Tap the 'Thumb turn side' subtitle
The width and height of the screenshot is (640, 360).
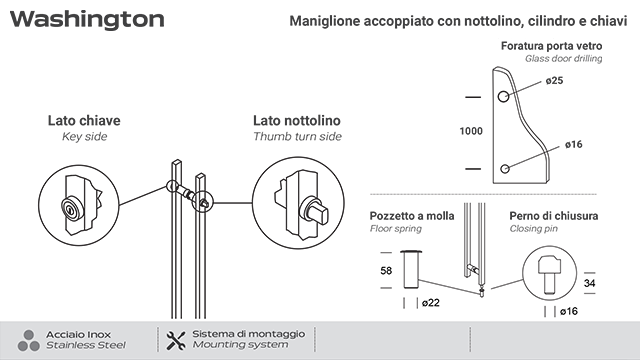click(297, 136)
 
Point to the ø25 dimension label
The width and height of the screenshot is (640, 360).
click(555, 80)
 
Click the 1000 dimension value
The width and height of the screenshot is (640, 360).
click(472, 131)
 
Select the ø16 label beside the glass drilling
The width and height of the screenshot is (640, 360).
click(573, 145)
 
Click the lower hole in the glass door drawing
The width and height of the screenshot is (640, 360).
click(506, 167)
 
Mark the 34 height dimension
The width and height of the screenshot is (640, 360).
click(590, 283)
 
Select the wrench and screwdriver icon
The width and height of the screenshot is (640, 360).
click(176, 339)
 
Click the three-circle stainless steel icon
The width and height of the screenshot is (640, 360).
click(29, 339)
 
